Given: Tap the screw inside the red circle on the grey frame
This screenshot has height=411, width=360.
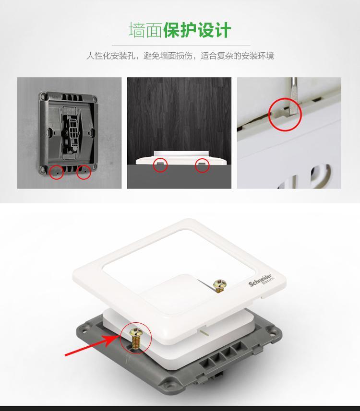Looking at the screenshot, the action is pos(136,339).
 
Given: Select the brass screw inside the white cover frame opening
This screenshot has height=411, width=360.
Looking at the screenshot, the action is pos(220,285).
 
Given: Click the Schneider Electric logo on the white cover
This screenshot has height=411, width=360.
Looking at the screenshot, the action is pos(261,281).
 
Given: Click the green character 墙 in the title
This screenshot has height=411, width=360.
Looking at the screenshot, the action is pos(137,30).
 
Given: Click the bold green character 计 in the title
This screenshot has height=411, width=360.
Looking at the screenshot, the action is pos(223,30).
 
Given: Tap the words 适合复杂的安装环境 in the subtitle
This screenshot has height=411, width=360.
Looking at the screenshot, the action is pos(237,56).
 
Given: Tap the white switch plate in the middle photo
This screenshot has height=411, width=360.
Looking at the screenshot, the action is pos(181,158).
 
